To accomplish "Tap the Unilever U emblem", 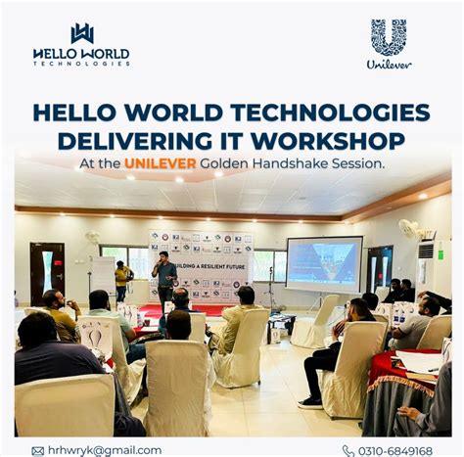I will (x=389, y=37).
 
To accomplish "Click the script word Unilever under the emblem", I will (x=389, y=65).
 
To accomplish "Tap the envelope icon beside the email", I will (x=37, y=450).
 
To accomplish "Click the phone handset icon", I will (x=348, y=450).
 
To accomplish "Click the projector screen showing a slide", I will (x=323, y=263).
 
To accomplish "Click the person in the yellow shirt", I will (x=122, y=279).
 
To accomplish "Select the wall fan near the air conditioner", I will (x=408, y=230).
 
